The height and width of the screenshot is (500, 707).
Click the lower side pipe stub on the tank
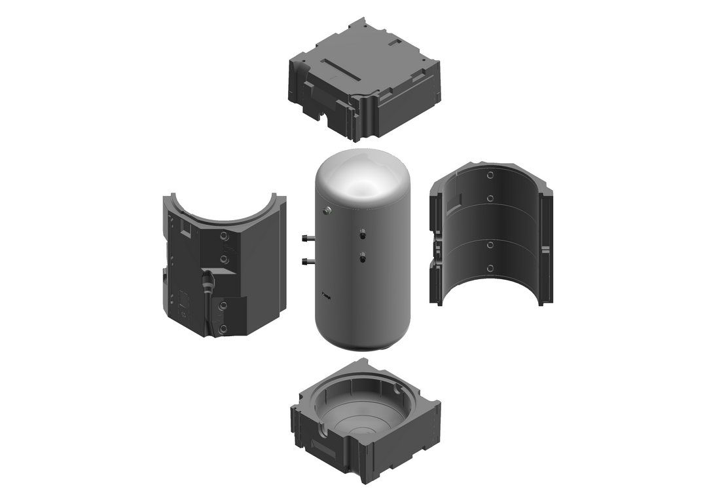click(308, 261)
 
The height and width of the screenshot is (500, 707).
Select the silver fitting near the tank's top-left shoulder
click(327, 210)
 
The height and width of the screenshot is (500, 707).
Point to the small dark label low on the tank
click(326, 296)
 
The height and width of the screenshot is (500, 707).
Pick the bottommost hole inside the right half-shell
click(490, 268)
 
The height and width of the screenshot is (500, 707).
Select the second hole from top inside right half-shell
click(490, 197)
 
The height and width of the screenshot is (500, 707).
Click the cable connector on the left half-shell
click(208, 281)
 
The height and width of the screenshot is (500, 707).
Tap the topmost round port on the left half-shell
click(225, 235)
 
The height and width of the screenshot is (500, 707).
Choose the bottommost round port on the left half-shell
click(225, 326)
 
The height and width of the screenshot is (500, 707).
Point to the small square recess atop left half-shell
click(187, 230)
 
